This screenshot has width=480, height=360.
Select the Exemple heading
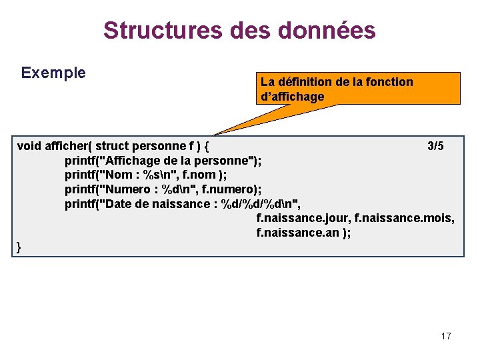coord(53,73)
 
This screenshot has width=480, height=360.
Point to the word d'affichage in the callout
coord(292,97)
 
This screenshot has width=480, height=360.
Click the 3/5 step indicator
coord(435,146)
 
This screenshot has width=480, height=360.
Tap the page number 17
coord(446,336)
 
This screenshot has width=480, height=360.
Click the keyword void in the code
coord(29,146)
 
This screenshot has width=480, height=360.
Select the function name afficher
coord(69,146)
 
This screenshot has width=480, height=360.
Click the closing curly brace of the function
coord(19,247)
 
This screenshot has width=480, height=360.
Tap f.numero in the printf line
coord(227,189)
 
